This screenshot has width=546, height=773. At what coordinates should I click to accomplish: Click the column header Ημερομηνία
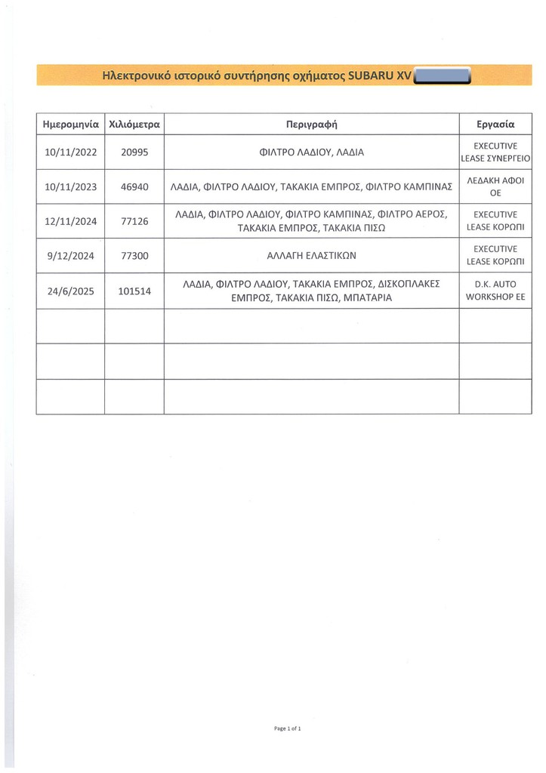(71, 123)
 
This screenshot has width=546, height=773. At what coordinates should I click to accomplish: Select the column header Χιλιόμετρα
(134, 123)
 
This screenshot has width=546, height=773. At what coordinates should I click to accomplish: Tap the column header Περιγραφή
(311, 123)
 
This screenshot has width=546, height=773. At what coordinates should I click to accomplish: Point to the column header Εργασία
(495, 123)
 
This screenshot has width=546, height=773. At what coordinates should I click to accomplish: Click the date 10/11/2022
(71, 152)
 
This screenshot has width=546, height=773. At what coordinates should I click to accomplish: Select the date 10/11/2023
(71, 186)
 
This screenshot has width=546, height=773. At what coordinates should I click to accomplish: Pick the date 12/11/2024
(71, 222)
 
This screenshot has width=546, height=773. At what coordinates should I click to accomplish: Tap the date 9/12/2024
(71, 256)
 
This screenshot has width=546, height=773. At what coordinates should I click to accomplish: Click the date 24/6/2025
(71, 291)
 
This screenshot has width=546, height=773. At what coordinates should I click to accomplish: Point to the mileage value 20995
(134, 152)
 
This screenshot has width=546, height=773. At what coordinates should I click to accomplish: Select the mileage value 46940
(134, 186)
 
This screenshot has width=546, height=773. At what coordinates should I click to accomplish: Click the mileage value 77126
(134, 222)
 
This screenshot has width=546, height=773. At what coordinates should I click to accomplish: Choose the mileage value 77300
(134, 256)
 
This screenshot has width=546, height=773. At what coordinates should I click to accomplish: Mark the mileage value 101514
(134, 291)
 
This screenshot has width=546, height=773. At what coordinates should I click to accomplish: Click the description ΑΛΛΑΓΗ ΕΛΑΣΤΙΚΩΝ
(311, 256)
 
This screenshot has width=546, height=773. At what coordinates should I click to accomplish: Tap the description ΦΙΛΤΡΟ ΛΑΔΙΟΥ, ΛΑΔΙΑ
(311, 152)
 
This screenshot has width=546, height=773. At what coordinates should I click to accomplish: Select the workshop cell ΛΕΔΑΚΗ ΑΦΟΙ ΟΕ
(495, 186)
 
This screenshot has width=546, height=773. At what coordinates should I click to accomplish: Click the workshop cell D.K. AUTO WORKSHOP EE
(495, 291)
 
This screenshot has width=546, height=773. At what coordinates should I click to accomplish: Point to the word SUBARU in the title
(371, 75)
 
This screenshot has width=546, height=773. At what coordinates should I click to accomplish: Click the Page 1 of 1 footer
(288, 728)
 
